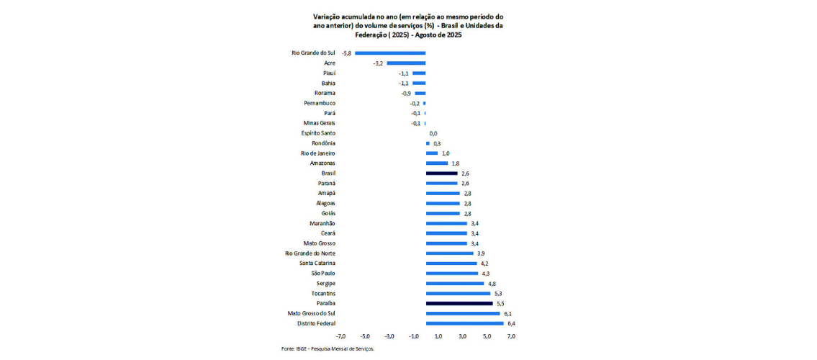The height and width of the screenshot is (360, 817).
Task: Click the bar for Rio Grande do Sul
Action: tap(390, 53)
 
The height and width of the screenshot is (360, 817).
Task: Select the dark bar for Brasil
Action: tap(441, 174)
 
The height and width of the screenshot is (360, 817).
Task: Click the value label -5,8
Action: tap(346, 53)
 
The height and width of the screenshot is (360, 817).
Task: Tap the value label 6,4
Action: tap(511, 324)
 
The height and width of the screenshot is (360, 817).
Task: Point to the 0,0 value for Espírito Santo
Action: tap(433, 133)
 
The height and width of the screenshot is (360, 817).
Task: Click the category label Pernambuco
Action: tap(320, 104)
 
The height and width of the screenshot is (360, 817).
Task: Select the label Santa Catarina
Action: tap(317, 264)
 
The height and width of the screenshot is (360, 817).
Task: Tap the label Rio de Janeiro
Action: tap(318, 153)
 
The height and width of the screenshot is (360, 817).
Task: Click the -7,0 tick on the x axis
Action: tap(340, 336)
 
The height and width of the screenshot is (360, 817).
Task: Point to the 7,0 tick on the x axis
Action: tap(512, 336)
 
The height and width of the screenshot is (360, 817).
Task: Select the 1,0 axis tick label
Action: tap(438, 336)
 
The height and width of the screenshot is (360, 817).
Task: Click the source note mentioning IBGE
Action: tap(328, 348)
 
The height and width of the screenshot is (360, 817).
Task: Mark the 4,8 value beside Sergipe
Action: tap(492, 284)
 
